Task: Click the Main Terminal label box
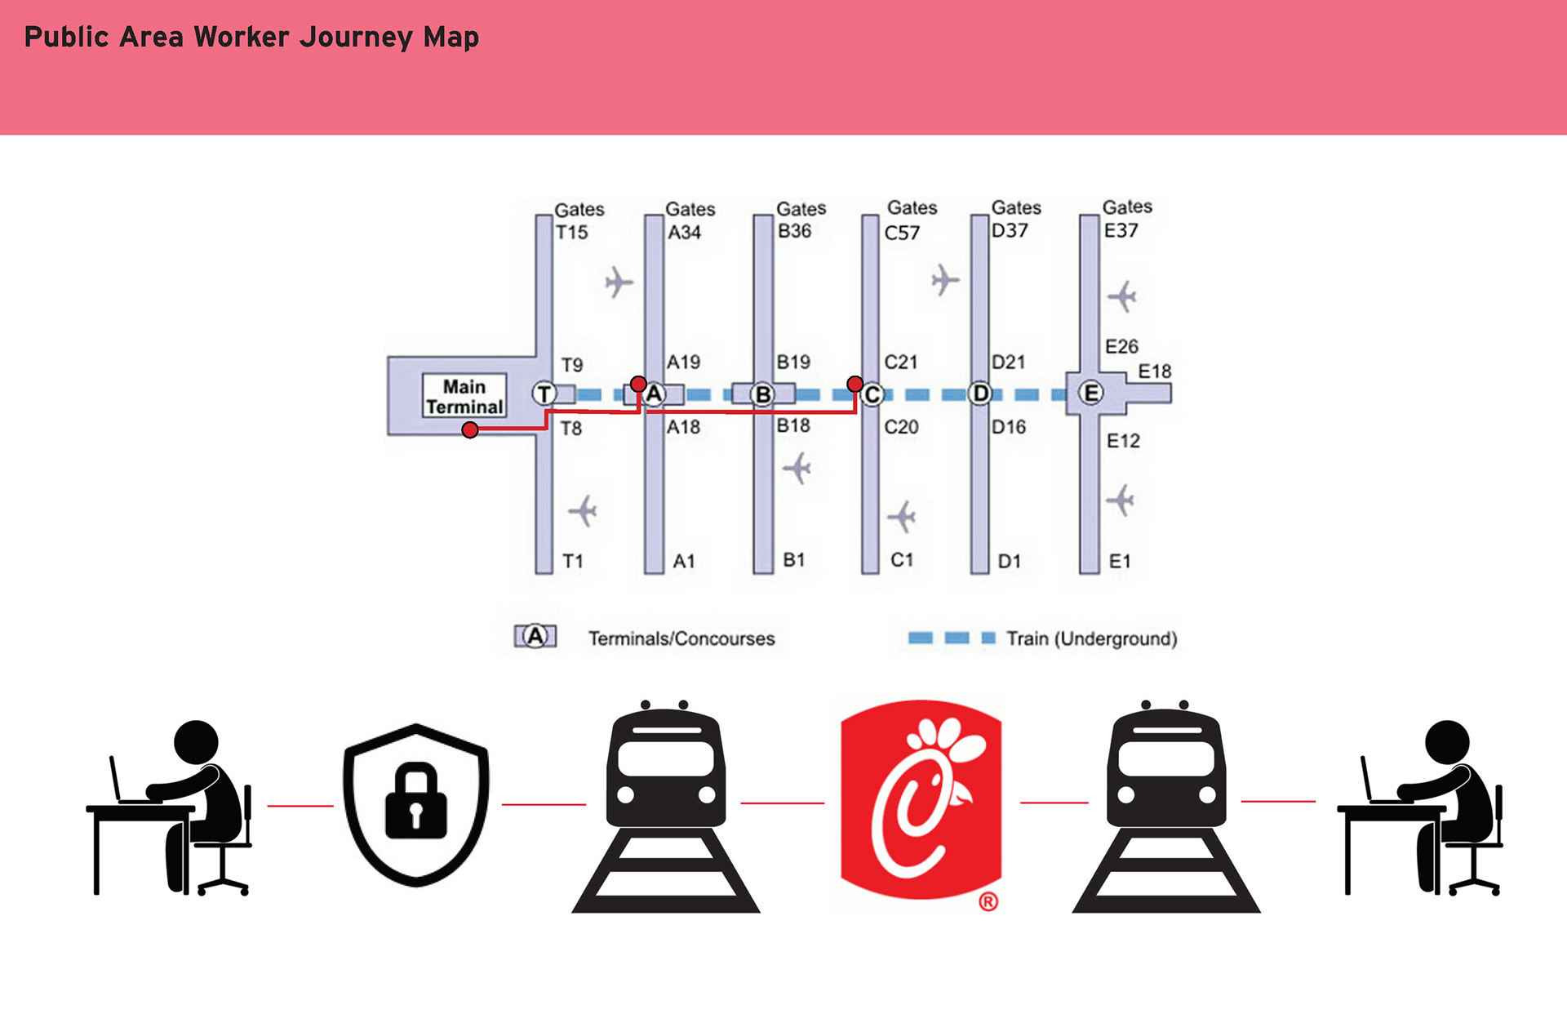(464, 396)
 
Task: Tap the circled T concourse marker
(544, 394)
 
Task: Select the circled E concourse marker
(1091, 394)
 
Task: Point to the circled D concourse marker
(980, 394)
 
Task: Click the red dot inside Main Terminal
(469, 429)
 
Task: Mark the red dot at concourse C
(855, 384)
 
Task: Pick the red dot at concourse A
(638, 384)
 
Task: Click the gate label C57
(902, 233)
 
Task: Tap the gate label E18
(1155, 371)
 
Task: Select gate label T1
(573, 561)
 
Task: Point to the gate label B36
(794, 231)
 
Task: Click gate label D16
(1009, 427)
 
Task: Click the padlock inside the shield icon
(416, 802)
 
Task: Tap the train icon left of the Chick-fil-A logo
(666, 807)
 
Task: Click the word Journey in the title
(357, 38)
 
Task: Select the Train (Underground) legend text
(1092, 638)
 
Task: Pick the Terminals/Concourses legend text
(681, 638)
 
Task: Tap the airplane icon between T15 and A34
(619, 282)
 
